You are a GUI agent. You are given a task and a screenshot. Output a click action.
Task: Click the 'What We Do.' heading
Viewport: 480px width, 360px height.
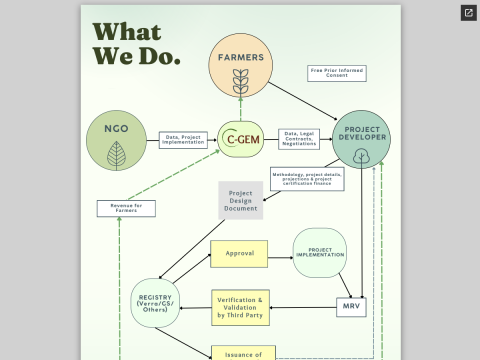click(x=136, y=44)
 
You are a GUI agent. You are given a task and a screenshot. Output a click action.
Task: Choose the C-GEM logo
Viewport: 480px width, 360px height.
click(x=242, y=139)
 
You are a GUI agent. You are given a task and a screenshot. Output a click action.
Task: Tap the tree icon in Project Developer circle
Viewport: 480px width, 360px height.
click(x=361, y=155)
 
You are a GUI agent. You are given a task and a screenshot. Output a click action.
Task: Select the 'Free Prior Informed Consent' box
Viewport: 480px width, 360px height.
click(x=336, y=73)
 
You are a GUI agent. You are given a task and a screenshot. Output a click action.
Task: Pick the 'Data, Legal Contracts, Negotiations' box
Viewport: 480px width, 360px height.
click(x=299, y=139)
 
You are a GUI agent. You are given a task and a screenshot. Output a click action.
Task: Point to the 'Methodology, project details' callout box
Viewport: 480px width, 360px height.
click(x=306, y=179)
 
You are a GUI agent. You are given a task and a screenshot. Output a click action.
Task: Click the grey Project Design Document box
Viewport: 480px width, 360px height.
click(x=240, y=200)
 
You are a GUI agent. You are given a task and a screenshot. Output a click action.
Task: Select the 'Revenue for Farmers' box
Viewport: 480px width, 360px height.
click(x=126, y=208)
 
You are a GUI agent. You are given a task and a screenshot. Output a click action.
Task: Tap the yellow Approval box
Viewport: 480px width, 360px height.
click(x=238, y=254)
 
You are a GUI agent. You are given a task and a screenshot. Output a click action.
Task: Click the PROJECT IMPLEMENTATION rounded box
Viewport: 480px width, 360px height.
click(x=319, y=253)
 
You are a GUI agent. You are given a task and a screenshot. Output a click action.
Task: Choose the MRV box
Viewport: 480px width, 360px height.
click(x=351, y=306)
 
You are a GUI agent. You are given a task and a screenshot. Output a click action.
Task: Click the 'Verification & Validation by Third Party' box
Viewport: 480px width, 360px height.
click(x=240, y=307)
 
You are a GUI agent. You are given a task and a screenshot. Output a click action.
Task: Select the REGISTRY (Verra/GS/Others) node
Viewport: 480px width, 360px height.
click(x=155, y=305)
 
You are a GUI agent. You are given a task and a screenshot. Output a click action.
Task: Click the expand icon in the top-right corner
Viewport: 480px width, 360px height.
click(x=468, y=13)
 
